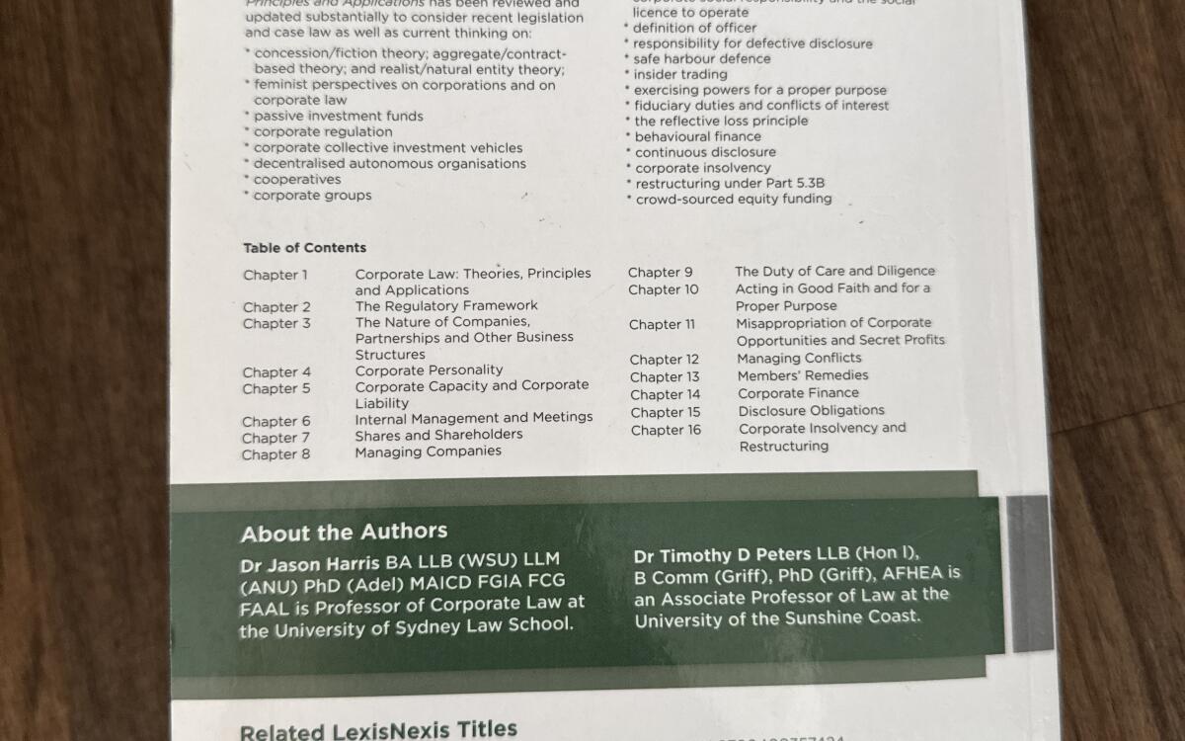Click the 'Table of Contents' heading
[x=304, y=248]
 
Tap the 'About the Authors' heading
[x=344, y=533]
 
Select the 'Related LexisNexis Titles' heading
[x=378, y=730]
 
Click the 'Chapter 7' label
[x=276, y=438]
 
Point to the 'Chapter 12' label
[x=665, y=360]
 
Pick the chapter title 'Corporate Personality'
[x=429, y=370]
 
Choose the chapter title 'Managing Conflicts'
[x=799, y=358]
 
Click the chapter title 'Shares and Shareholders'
[x=438, y=435]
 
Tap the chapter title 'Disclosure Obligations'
[x=811, y=410]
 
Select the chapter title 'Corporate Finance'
[x=798, y=392]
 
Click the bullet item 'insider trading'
[x=679, y=74]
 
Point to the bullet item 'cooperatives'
[x=296, y=180]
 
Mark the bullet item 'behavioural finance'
[x=697, y=136]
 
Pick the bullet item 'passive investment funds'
[x=338, y=116]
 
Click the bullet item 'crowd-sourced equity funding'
[x=733, y=199]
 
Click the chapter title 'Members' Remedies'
[x=803, y=375]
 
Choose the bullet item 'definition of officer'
[x=695, y=28]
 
